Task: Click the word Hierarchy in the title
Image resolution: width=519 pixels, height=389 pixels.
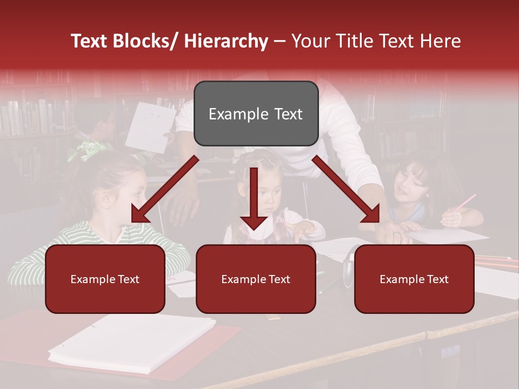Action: pyautogui.click(x=226, y=41)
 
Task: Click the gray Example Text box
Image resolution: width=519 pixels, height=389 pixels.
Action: pyautogui.click(x=256, y=113)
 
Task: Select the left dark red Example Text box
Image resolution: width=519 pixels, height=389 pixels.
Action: pyautogui.click(x=105, y=279)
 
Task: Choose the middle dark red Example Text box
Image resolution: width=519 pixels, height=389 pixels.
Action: pyautogui.click(x=256, y=279)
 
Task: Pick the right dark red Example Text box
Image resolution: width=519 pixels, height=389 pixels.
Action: pyautogui.click(x=414, y=279)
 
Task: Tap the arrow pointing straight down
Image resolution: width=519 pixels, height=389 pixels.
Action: pyautogui.click(x=254, y=200)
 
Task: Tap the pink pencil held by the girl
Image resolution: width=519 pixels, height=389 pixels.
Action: pyautogui.click(x=464, y=203)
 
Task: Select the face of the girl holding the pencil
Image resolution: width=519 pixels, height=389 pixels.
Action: pyautogui.click(x=411, y=186)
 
